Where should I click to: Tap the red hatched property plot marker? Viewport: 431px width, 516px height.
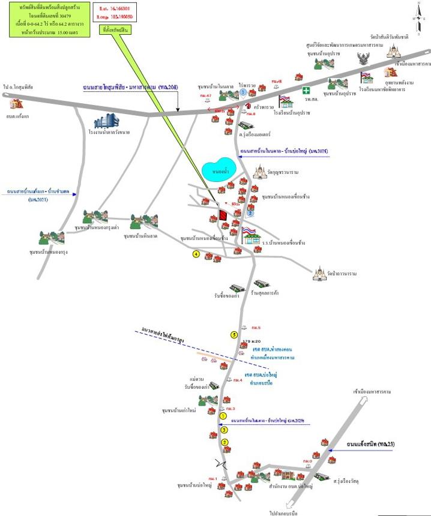click(x=223, y=214)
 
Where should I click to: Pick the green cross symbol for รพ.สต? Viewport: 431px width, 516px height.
click(x=307, y=90)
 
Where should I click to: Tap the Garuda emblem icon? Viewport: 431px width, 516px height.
click(x=363, y=58)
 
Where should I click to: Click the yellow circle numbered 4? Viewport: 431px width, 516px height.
click(x=196, y=254)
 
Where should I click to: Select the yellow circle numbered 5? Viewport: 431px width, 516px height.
click(x=234, y=334)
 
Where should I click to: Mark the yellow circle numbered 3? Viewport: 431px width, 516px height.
click(x=224, y=430)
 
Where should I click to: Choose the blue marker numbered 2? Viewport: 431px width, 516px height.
click(x=252, y=213)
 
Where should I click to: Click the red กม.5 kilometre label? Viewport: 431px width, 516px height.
click(x=256, y=328)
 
